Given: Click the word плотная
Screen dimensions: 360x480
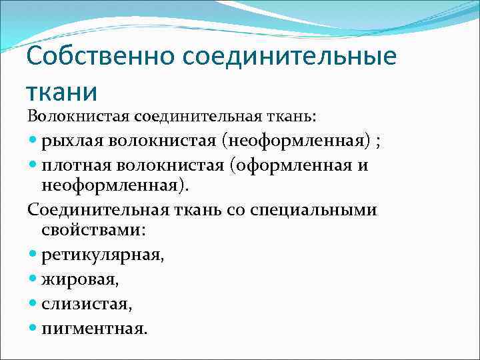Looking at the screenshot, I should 71,165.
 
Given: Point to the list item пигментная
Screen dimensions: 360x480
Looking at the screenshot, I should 94,328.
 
